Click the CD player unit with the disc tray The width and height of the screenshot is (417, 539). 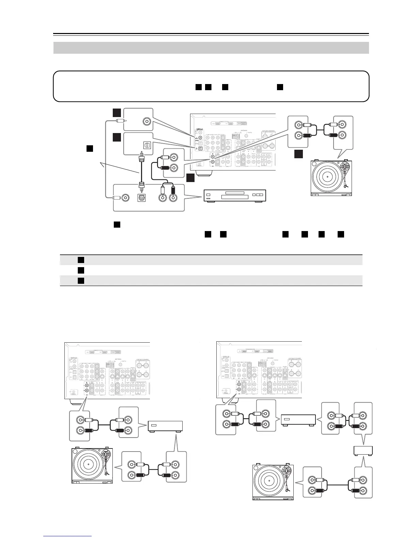pos(234,196)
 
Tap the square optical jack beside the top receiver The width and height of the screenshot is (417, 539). pos(147,145)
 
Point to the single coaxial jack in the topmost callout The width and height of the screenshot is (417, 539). pos(147,121)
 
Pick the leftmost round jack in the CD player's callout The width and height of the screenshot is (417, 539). pos(126,198)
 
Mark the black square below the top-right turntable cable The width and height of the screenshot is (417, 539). pos(299,154)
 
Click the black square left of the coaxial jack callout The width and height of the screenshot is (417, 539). pos(117,113)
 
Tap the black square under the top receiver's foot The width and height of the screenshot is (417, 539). pos(191,177)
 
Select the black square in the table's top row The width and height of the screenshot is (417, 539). pos(81,260)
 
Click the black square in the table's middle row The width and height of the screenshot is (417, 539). pos(81,270)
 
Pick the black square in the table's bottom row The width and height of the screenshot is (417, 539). pos(81,281)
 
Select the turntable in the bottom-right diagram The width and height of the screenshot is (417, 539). pos(273,482)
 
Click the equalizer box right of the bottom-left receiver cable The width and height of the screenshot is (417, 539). pos(165,426)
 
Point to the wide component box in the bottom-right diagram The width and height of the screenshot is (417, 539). pos(298,420)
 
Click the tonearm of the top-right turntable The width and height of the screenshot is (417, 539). pos(344,172)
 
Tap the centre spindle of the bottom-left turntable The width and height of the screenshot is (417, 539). pos(88,464)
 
